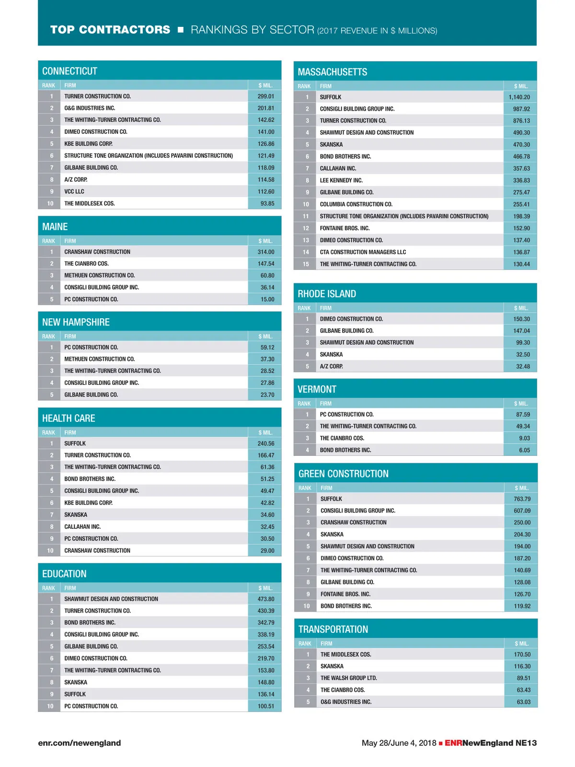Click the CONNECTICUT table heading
coord(70,71)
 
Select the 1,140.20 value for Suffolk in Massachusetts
coord(519,97)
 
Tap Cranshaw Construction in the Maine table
coord(97,252)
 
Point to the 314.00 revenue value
coord(266,252)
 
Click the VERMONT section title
coord(317,389)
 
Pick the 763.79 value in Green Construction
coord(522,499)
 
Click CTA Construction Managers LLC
coord(363,252)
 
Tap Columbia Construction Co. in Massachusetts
coord(356,204)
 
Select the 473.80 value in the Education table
coord(266,599)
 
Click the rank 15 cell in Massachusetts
coord(306,264)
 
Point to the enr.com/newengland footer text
coord(80,743)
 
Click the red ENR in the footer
coord(453,743)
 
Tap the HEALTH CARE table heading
coord(69,418)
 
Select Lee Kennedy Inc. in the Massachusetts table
coord(341,180)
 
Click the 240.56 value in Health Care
coord(266,443)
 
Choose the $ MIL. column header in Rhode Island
coord(521,308)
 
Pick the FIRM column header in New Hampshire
coord(70,337)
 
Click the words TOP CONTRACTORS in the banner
coord(110,30)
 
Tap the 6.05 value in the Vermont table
coord(524,450)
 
